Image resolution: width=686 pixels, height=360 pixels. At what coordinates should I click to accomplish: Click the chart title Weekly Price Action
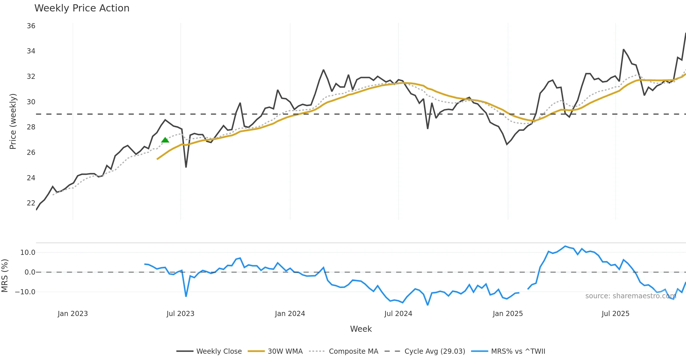82,8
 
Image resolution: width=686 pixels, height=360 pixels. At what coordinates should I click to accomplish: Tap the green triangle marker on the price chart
165,140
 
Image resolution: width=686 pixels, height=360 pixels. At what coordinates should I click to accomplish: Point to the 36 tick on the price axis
31,26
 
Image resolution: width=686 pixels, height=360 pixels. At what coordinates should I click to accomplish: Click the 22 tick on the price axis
31,203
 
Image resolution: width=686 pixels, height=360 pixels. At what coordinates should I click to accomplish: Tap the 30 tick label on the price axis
31,102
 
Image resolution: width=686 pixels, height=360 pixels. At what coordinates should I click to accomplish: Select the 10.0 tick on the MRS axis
28,253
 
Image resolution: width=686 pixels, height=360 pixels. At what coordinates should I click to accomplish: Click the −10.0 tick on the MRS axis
25,292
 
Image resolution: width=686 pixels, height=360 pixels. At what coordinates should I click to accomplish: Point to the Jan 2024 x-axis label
290,314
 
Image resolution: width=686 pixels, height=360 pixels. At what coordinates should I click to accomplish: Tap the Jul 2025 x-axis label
615,314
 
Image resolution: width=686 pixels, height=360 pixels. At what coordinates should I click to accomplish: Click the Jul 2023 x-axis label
180,314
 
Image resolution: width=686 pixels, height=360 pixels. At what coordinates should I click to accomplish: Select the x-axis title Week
361,329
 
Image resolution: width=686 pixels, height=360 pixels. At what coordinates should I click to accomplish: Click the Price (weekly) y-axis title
13,121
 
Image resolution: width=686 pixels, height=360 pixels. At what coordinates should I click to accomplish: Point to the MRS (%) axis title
5,276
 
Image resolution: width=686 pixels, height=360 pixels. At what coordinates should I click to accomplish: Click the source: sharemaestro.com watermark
631,296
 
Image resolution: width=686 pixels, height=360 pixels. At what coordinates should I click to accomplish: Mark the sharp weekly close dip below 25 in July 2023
186,167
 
